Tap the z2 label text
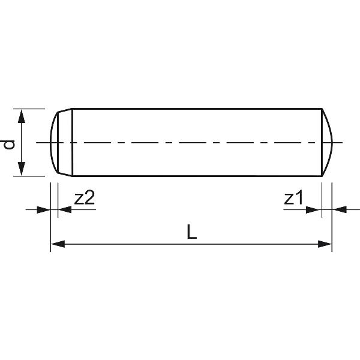84,199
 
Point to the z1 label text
293,199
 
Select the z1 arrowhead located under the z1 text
314,209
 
